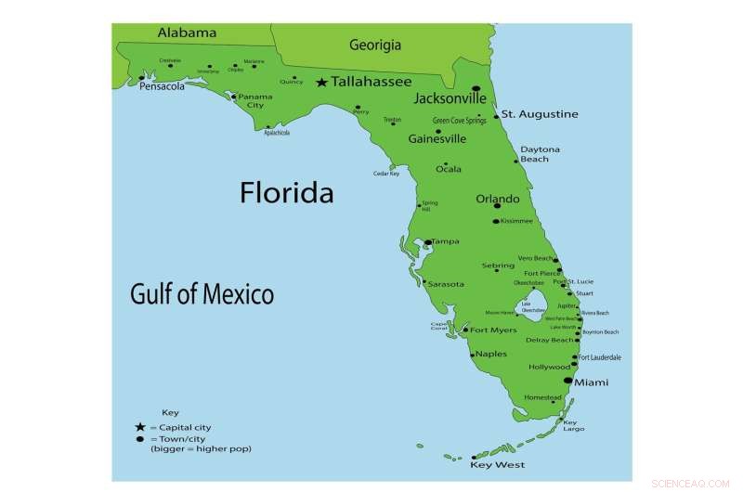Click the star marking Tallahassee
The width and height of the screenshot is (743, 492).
tap(321, 83)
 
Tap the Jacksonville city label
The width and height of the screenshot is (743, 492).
tap(450, 97)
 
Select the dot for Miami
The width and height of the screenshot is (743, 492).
tap(568, 381)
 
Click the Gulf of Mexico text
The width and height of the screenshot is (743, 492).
tap(202, 295)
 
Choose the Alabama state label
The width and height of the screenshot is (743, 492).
tap(187, 32)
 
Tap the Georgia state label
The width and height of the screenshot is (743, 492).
tap(375, 45)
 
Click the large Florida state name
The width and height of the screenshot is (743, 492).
tap(286, 193)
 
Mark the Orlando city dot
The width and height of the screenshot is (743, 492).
tap(497, 206)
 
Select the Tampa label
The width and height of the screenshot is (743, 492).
tap(445, 241)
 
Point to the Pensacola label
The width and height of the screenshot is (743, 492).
tap(163, 86)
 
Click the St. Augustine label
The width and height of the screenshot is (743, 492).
tap(540, 114)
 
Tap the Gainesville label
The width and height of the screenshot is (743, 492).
tap(437, 139)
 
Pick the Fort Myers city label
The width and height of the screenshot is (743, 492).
tap(493, 330)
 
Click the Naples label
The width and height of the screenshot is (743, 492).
tap(492, 354)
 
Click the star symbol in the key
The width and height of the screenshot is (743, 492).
tap(139, 427)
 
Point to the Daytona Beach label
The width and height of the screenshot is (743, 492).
tap(540, 154)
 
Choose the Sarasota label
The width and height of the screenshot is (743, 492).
tap(445, 284)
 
